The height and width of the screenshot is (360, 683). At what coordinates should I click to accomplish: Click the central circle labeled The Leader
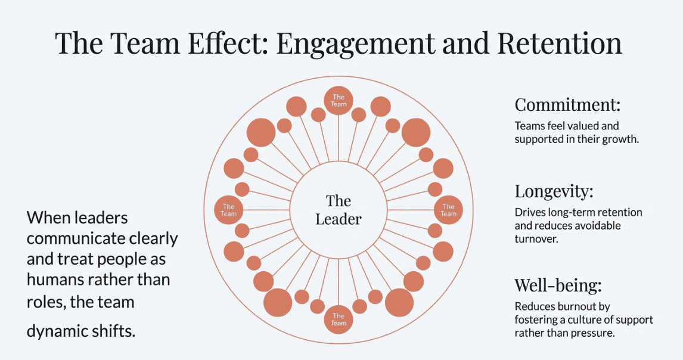click(339, 210)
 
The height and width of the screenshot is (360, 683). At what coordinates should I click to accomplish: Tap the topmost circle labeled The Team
click(339, 100)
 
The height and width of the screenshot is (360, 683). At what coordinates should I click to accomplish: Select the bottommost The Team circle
click(339, 319)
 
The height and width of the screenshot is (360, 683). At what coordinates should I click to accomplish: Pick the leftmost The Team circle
click(229, 210)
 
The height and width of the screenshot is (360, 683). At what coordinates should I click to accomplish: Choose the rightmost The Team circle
click(448, 210)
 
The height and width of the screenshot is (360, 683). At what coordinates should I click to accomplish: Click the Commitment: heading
click(567, 105)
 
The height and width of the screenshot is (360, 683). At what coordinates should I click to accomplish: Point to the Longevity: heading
click(554, 192)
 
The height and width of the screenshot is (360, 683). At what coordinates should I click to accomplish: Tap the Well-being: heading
click(558, 285)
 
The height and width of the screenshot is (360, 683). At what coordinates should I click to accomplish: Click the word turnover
click(535, 238)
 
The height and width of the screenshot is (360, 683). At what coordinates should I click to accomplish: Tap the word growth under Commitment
click(620, 139)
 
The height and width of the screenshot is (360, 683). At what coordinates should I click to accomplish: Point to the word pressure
click(593, 333)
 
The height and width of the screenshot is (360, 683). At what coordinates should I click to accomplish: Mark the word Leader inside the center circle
click(339, 219)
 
